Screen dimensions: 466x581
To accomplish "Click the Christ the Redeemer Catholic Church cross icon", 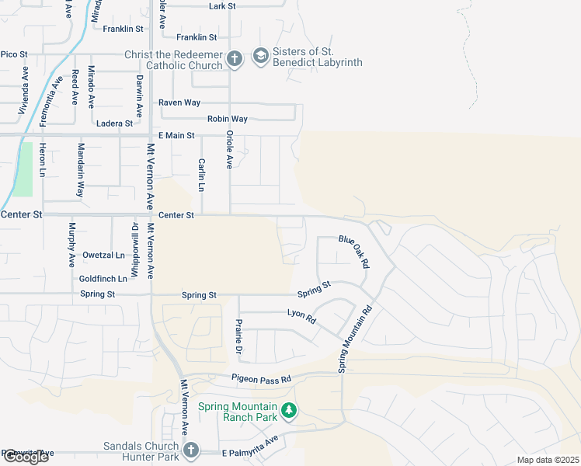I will click(x=235, y=58).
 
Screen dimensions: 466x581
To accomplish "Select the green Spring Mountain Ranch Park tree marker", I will click(x=288, y=409).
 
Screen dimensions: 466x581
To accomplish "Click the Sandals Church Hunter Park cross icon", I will click(x=191, y=450).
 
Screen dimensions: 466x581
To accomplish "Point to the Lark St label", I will click(x=222, y=6).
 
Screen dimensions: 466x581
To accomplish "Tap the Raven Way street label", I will click(x=179, y=103).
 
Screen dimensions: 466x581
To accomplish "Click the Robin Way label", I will click(x=227, y=119).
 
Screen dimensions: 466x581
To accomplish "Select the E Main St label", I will click(x=176, y=136).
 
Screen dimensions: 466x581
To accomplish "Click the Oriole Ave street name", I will click(x=229, y=149).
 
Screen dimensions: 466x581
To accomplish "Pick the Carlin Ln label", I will click(x=200, y=176).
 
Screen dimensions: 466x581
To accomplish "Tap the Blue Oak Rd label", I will click(x=353, y=252).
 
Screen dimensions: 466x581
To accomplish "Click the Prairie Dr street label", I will click(x=238, y=336).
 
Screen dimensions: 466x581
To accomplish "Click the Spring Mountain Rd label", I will click(x=354, y=338).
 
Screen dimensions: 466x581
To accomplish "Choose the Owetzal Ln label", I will click(x=104, y=255).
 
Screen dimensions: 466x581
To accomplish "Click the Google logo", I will click(x=25, y=456).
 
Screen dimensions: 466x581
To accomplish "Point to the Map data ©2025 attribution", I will click(x=548, y=460).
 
